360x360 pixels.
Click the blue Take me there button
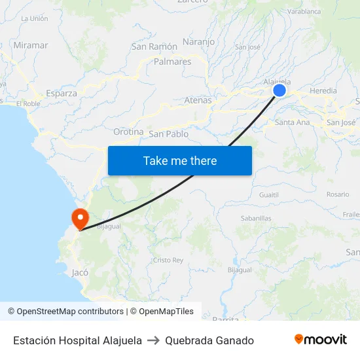click(x=180, y=160)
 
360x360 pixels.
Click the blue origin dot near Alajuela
click(x=279, y=91)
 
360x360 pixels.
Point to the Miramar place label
click(x=31, y=45)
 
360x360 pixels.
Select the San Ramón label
click(x=154, y=46)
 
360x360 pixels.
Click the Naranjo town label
click(x=199, y=42)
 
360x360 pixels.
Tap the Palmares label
click(x=173, y=62)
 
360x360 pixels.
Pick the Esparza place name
click(x=62, y=93)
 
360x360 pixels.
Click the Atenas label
click(x=198, y=100)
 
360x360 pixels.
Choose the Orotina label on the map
click(x=128, y=132)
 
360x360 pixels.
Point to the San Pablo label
click(x=169, y=134)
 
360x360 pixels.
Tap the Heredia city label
click(x=323, y=90)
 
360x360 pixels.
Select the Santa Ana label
click(x=293, y=122)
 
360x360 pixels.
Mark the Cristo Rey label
click(x=168, y=260)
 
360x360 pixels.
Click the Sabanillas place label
click(x=256, y=218)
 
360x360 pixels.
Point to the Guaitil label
click(x=268, y=194)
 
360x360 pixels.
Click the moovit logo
click(x=321, y=340)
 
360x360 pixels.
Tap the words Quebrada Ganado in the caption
click(x=209, y=340)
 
